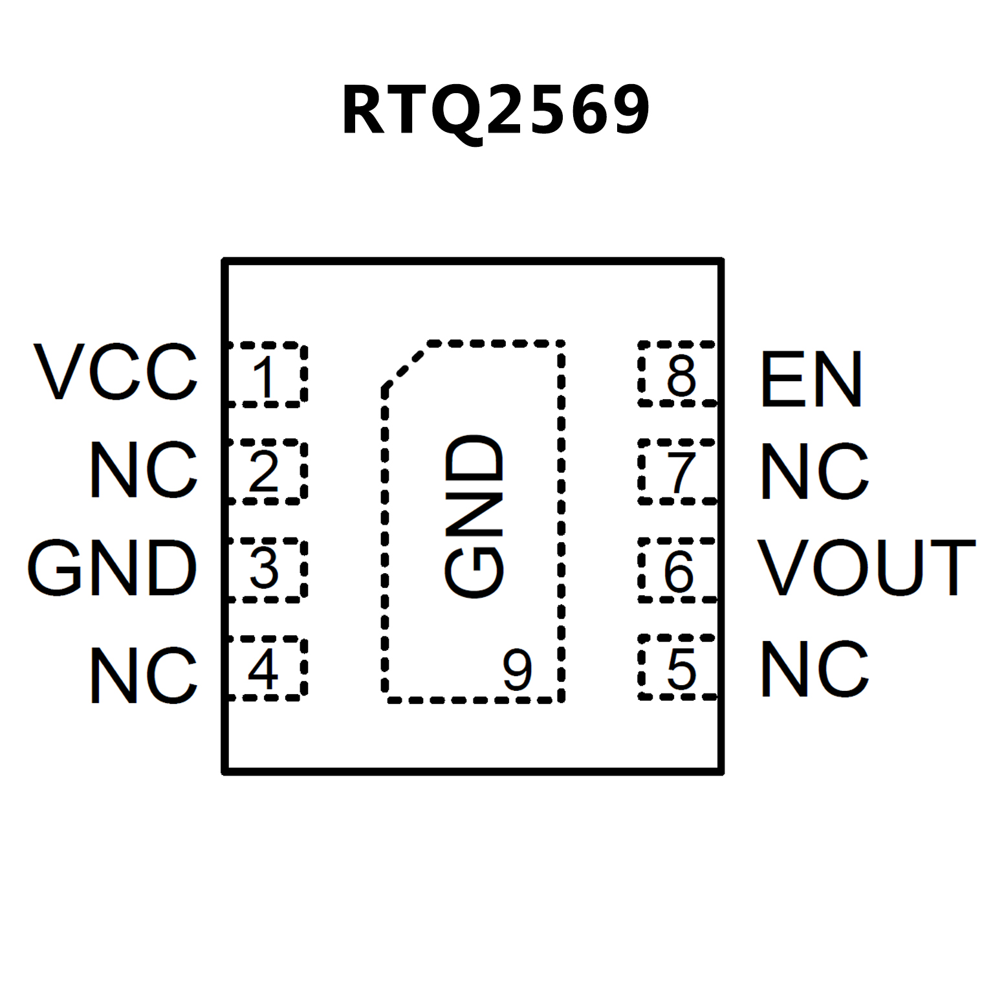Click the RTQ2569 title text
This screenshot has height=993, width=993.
click(496, 111)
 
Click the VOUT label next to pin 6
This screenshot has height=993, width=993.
click(866, 567)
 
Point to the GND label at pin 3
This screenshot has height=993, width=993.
click(112, 568)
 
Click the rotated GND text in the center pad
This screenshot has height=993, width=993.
click(474, 516)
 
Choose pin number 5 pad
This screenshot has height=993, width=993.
click(679, 668)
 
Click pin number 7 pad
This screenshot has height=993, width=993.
click(679, 472)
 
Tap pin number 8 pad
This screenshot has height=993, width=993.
click(679, 375)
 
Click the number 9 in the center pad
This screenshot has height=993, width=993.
click(518, 670)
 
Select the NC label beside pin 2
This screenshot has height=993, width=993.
click(143, 470)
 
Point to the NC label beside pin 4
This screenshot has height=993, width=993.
click(143, 675)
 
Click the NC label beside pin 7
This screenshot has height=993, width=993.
click(814, 472)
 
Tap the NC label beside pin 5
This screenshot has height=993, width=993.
click(814, 670)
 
